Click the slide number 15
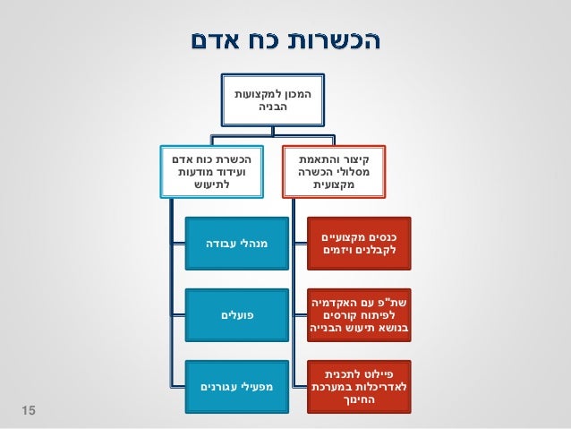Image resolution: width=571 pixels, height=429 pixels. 28,409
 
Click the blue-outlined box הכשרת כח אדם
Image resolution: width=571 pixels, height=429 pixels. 212,169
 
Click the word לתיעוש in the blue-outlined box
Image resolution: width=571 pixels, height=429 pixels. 212,184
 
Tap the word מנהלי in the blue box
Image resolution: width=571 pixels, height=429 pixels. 251,243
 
